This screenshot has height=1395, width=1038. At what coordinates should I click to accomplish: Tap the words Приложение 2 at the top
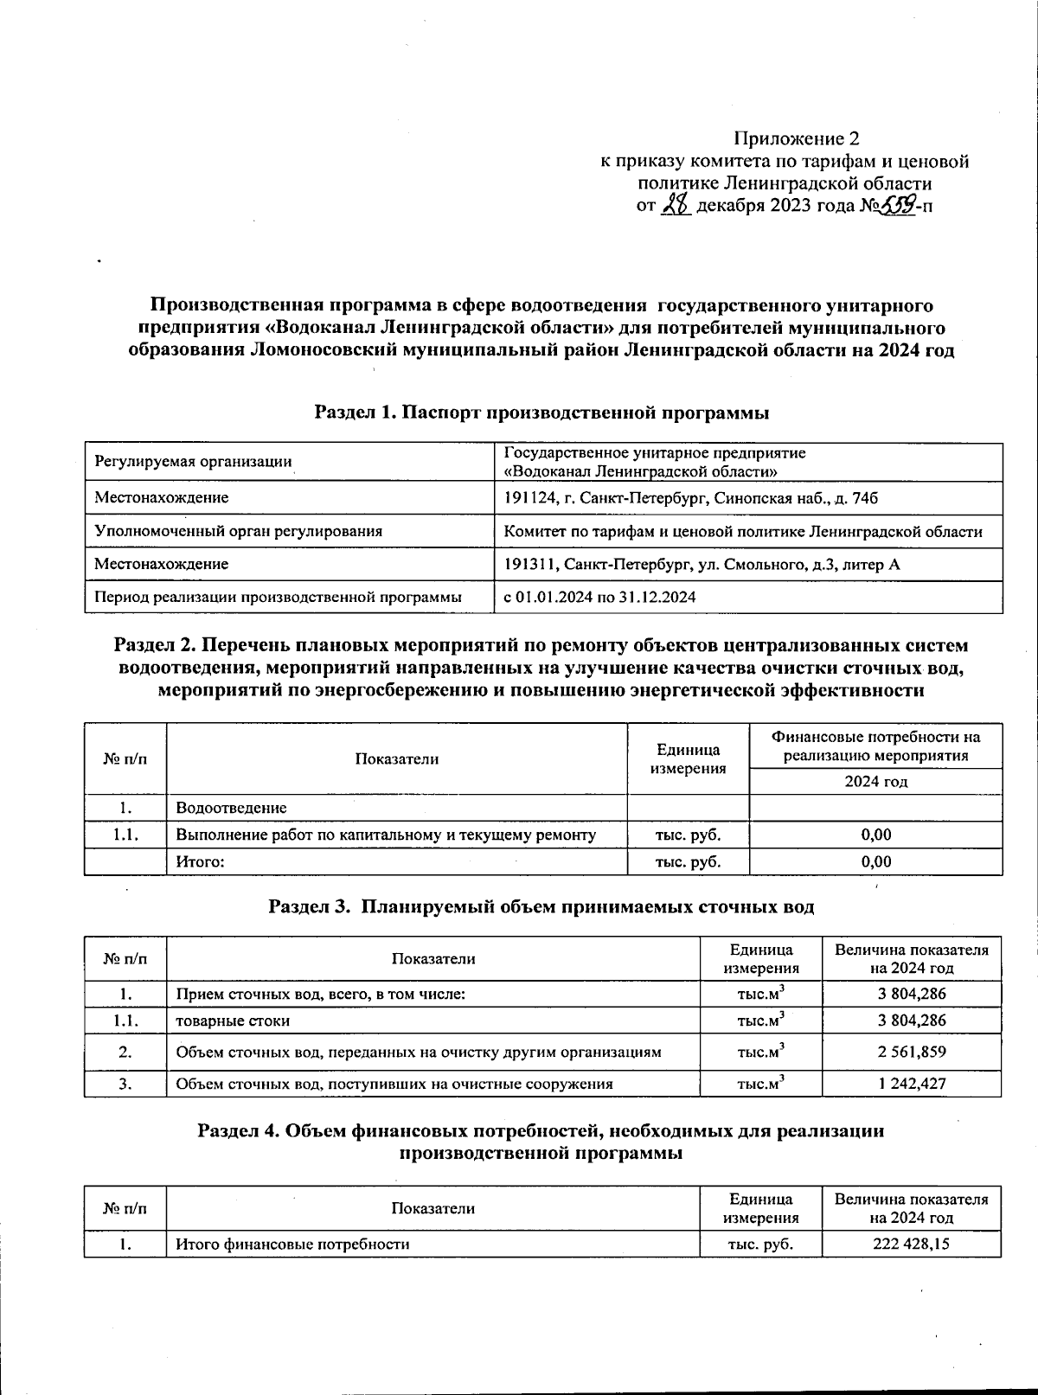[x=797, y=138]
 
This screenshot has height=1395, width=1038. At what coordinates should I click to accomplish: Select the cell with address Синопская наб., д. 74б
[x=691, y=497]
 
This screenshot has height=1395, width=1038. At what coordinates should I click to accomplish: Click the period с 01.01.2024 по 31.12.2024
[x=600, y=597]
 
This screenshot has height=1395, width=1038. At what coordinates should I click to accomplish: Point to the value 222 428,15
[x=912, y=1244]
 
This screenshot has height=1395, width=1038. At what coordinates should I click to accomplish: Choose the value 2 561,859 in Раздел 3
[x=912, y=1052]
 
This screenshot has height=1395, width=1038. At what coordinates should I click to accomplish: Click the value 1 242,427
[x=912, y=1084]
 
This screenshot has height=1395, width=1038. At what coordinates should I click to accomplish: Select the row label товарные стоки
[x=233, y=1021]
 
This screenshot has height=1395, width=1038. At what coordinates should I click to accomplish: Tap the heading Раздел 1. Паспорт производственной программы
[x=541, y=413]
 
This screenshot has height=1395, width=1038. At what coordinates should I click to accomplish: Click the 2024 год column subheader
[x=875, y=782]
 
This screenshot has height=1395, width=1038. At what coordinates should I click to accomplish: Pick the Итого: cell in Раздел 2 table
[x=201, y=861]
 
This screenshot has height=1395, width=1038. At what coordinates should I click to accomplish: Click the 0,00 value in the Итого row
[x=875, y=861]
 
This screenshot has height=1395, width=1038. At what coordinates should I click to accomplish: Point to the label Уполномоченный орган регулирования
[x=238, y=531]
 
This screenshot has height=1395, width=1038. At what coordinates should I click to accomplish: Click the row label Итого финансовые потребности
[x=292, y=1244]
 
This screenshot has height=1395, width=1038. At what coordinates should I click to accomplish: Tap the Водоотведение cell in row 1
[x=231, y=808]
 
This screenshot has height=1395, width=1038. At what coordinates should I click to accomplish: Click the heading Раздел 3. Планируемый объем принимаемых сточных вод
[x=541, y=906]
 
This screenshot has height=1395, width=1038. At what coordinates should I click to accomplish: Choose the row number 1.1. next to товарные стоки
[x=125, y=1021]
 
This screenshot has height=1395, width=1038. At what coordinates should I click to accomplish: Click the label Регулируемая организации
[x=193, y=462]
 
